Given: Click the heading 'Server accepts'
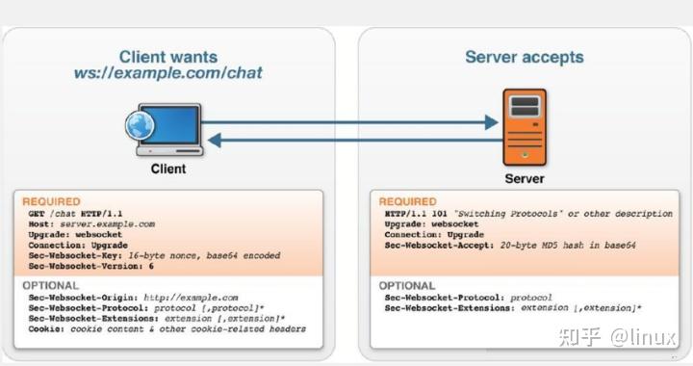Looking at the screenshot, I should click(x=524, y=57).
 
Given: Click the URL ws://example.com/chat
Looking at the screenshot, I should click(x=167, y=73).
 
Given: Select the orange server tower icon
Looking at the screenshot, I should click(x=524, y=127).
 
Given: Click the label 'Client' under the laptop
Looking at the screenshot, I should click(x=168, y=169).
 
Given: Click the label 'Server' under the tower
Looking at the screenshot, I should click(x=525, y=178).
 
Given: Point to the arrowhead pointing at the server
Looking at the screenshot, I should click(x=490, y=122).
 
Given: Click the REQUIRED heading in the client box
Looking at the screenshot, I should click(x=51, y=201).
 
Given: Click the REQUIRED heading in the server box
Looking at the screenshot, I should click(x=408, y=201).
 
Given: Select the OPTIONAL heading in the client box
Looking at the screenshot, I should click(x=50, y=286).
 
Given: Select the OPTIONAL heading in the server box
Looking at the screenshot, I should click(x=407, y=286).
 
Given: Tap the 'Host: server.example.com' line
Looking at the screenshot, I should click(x=91, y=223).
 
